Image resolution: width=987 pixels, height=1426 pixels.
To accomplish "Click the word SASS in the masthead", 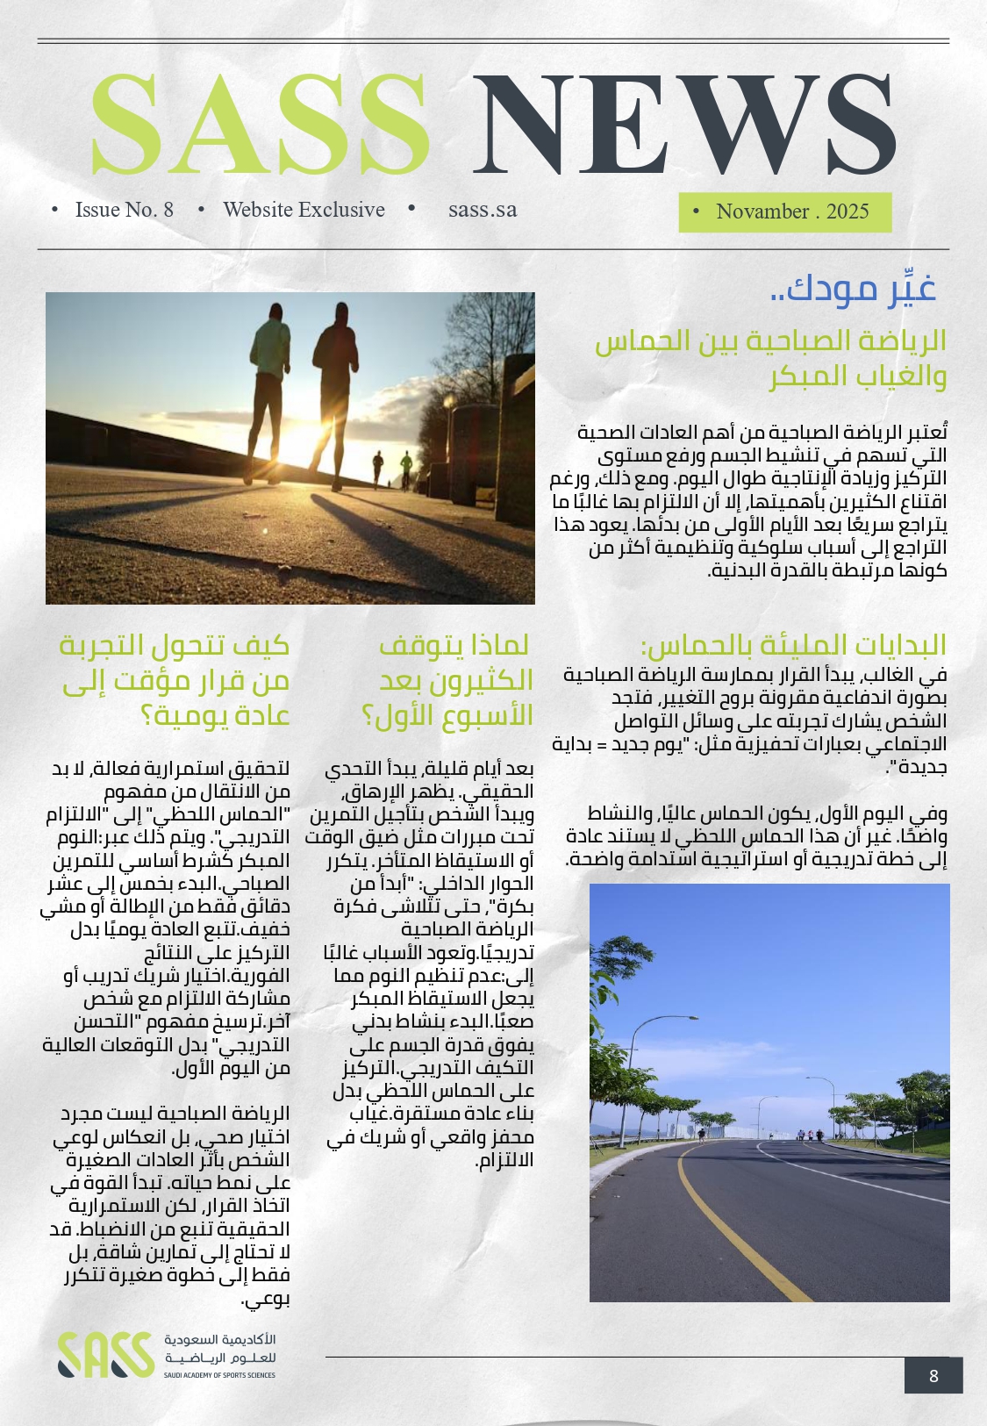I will point(261,123).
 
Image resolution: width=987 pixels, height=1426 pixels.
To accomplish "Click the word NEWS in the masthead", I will point(684,123).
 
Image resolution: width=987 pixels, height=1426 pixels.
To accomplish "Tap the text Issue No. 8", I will point(124,210).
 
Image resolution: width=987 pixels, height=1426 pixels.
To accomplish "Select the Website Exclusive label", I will point(304,210).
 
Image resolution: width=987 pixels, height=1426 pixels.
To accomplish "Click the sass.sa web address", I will point(483,210).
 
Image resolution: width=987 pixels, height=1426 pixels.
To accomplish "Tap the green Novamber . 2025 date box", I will point(785,212).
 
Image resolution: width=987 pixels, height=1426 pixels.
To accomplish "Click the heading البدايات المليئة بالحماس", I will point(794,646).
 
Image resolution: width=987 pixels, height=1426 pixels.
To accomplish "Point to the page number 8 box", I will point(933,1375).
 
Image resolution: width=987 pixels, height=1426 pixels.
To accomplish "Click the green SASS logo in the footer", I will point(105,1354).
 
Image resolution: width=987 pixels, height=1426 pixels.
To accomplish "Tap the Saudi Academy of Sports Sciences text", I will point(219,1375).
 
